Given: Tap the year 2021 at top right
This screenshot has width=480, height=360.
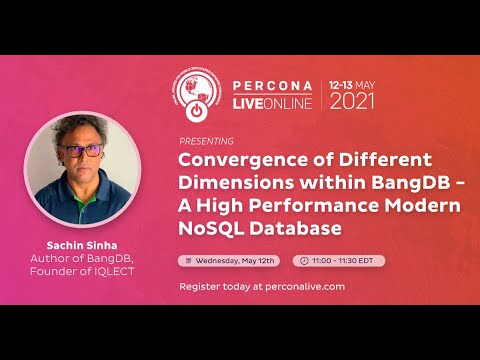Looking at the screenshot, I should [353, 101].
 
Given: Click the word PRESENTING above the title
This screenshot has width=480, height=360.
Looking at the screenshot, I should [206, 141].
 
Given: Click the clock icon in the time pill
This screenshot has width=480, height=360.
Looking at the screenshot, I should [302, 260].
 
